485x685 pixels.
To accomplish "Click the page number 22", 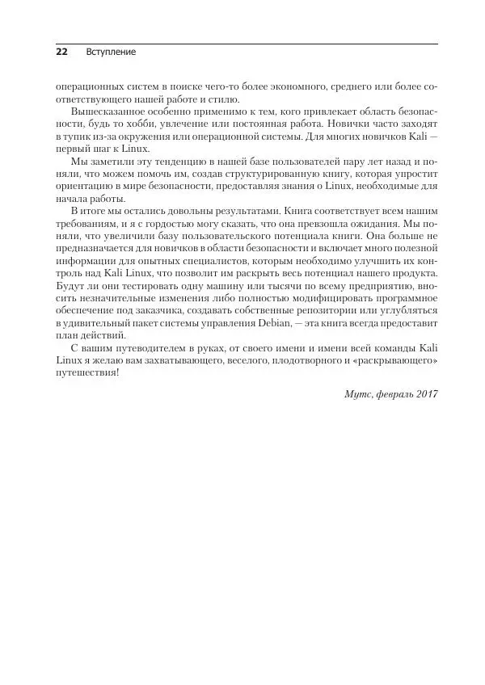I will pyautogui.click(x=61, y=52).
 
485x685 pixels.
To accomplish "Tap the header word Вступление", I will pyautogui.click(x=111, y=52).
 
